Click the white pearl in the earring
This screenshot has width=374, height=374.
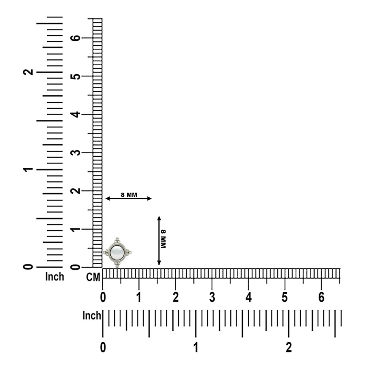pos(117,252)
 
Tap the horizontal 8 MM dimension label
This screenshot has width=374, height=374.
pos(129,195)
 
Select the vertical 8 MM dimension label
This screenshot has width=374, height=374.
pos(163,239)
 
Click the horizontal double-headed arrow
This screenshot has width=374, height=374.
pos(129,199)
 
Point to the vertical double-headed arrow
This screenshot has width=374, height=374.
pos(159,240)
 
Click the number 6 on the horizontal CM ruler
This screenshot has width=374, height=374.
pos(322,297)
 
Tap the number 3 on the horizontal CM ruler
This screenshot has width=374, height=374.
pos(212,297)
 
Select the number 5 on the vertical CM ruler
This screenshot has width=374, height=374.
pos(76,76)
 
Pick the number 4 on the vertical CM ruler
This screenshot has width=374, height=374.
pos(76,114)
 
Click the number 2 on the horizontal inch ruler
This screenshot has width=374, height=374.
pos(289,348)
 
